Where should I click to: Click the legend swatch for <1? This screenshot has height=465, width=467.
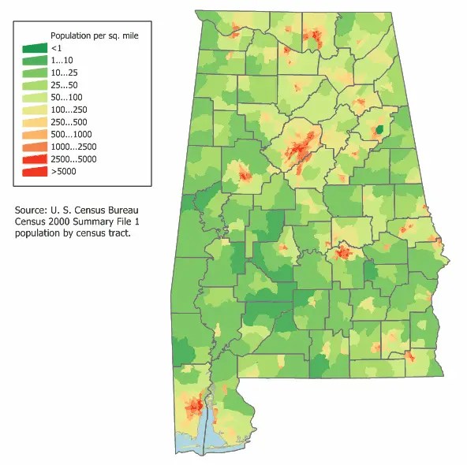(x=34, y=49)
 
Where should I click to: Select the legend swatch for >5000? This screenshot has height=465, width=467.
(x=34, y=171)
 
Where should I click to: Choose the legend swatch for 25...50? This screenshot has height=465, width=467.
(x=34, y=85)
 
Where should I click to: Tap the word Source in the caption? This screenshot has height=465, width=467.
(x=31, y=211)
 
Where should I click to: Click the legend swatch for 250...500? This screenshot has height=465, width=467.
(x=34, y=122)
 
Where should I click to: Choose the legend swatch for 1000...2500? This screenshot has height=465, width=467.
(x=34, y=147)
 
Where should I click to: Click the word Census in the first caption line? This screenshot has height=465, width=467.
(x=102, y=211)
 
